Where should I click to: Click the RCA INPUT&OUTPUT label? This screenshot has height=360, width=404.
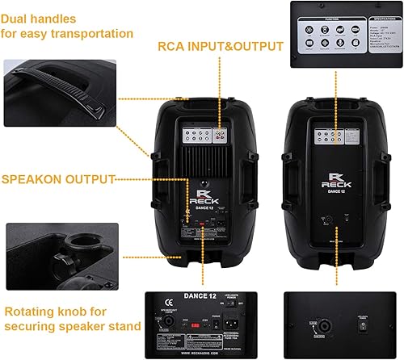pos(220,46)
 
